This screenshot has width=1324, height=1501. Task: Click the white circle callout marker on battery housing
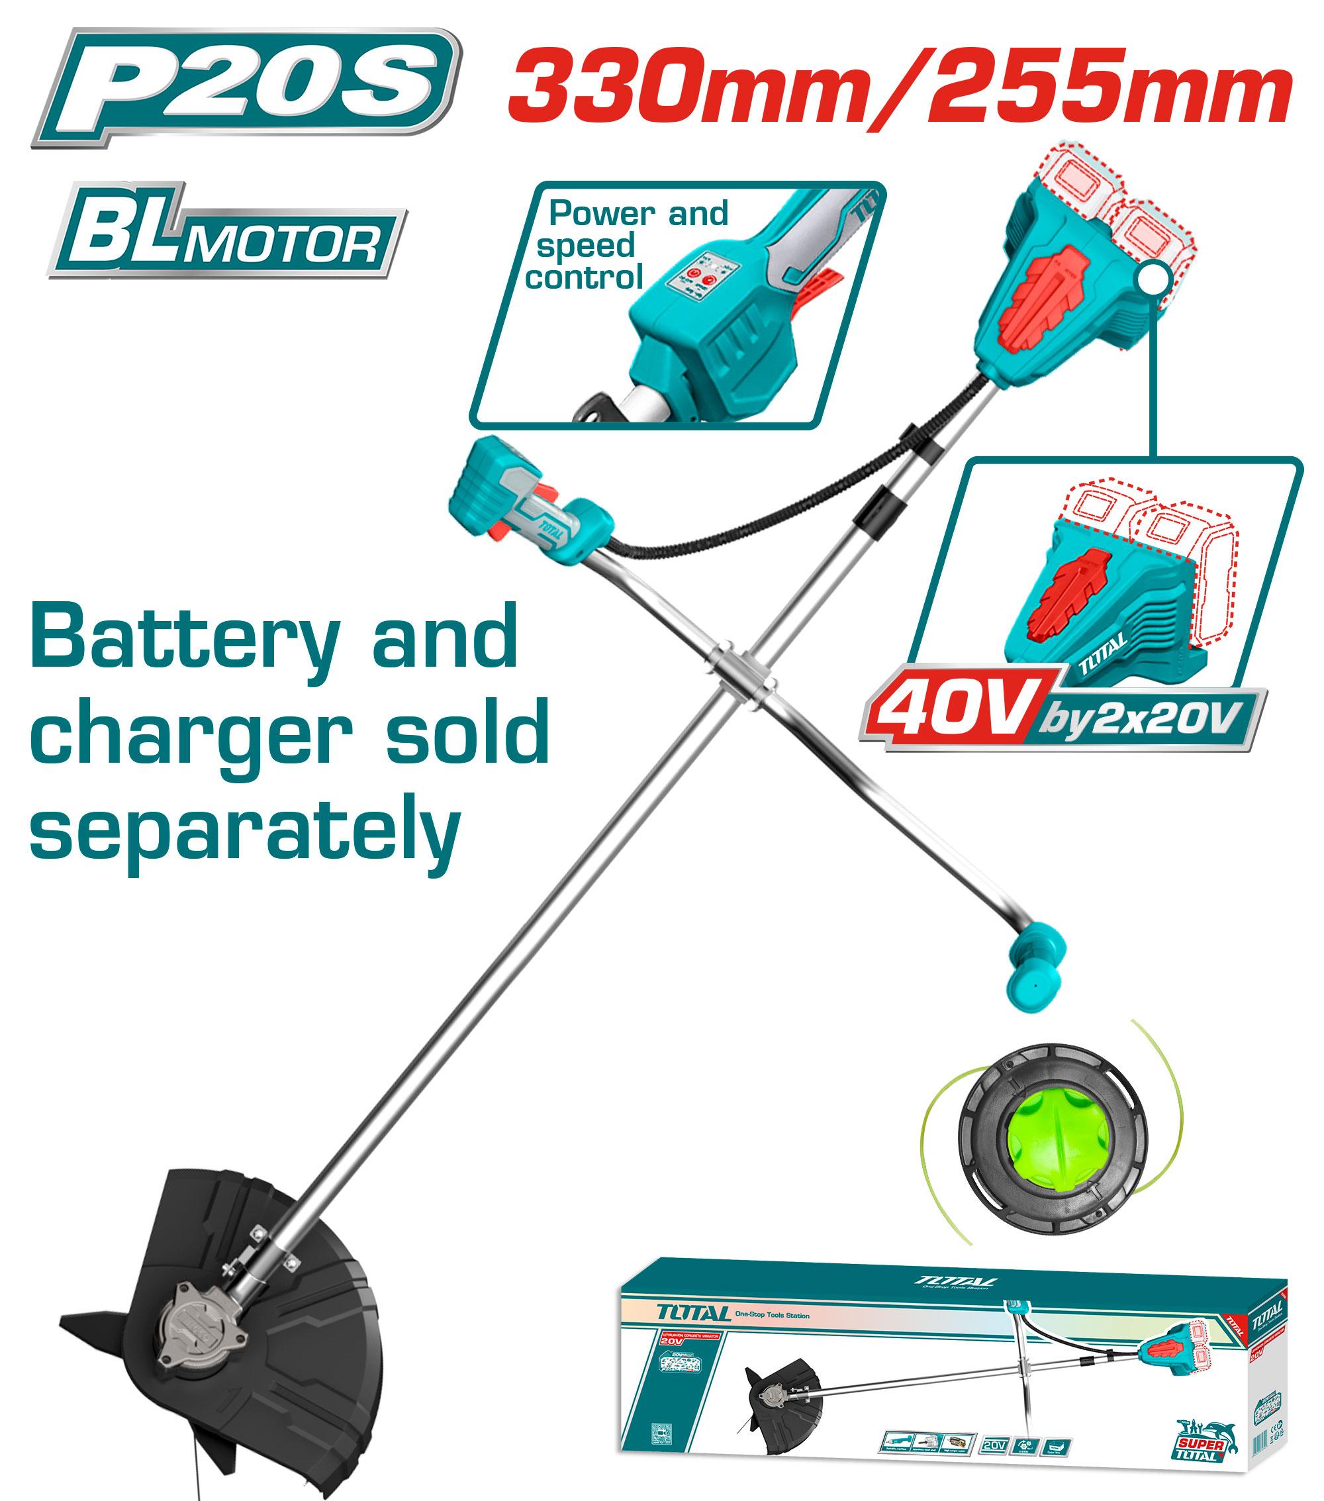pyautogui.click(x=1154, y=277)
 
